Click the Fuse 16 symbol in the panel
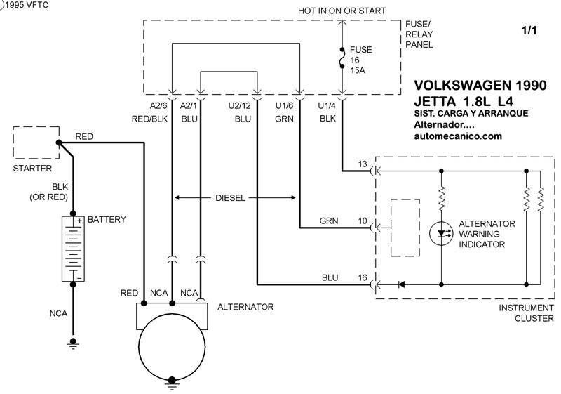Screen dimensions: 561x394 tap(342, 58)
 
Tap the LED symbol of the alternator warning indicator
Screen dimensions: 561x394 tap(441, 234)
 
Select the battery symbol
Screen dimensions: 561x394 tap(73, 249)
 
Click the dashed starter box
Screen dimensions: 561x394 tap(36, 143)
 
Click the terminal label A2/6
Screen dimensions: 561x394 tap(158, 105)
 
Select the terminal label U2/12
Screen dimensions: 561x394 tap(239, 105)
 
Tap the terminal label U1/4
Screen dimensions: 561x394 tap(327, 105)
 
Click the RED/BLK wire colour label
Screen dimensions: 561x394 tap(149, 119)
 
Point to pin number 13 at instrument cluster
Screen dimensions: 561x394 tap(363, 164)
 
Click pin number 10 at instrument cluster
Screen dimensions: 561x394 tap(363, 221)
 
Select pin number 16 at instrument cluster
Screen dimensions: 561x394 tap(363, 277)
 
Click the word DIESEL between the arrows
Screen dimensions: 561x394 tap(231, 198)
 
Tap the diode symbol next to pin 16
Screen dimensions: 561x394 tap(401, 284)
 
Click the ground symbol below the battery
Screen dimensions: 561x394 tap(73, 343)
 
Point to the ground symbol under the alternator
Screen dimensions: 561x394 tap(172, 383)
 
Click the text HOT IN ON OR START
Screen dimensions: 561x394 tap(342, 11)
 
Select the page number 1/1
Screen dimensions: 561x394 tap(529, 30)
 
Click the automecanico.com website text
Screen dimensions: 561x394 tap(458, 136)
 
